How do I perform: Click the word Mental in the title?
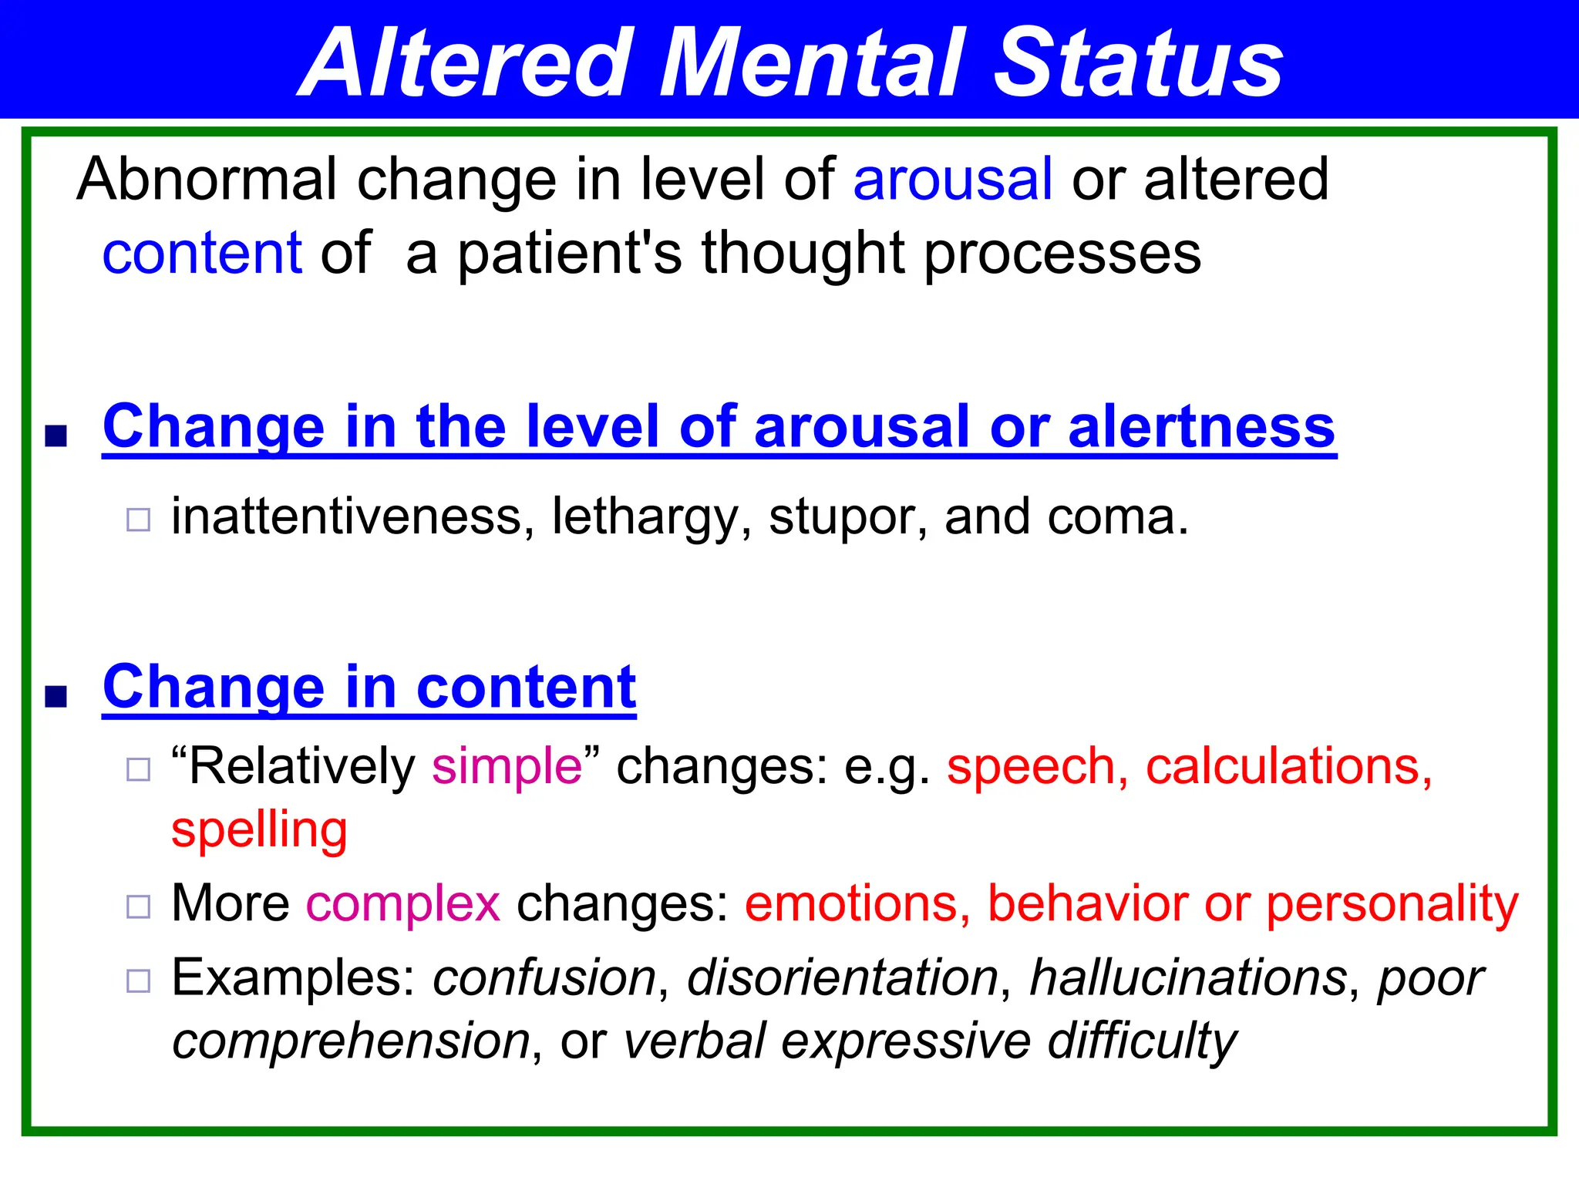point(810,63)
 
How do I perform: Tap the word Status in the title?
point(1138,63)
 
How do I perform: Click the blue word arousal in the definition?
point(952,179)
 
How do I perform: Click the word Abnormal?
point(207,179)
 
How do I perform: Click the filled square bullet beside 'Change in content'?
point(56,696)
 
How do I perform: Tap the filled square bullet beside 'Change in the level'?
point(56,436)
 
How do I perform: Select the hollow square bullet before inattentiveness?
point(138,520)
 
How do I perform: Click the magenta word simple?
point(507,766)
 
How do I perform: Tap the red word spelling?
point(259,830)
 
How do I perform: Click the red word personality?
point(1392,904)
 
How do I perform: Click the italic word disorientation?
point(843,977)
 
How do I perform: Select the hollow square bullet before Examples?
point(138,981)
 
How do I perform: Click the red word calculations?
point(1288,766)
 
